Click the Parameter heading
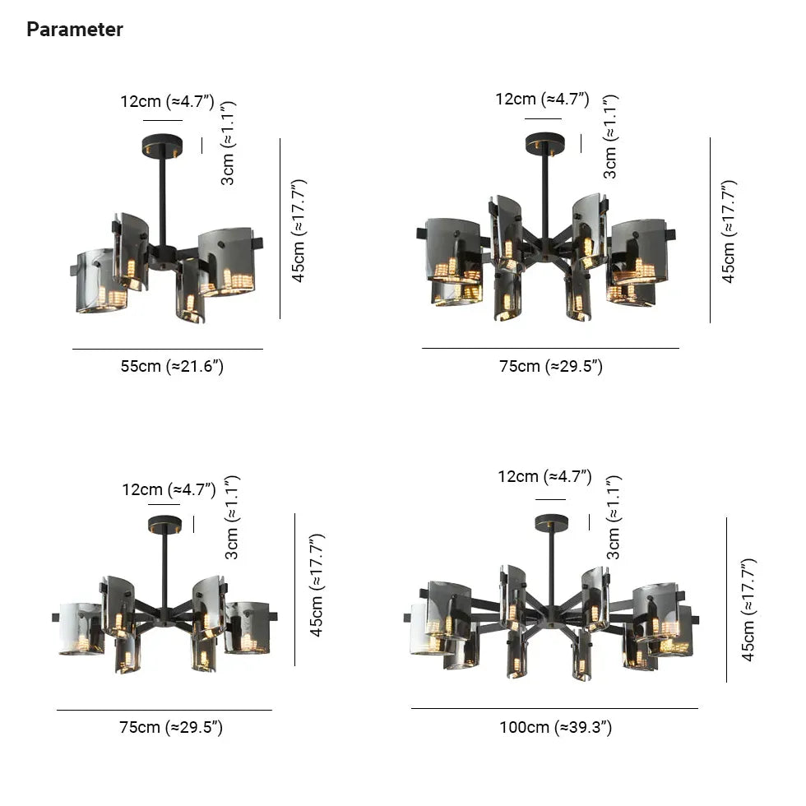pos(75,30)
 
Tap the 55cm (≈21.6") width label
pos(172,366)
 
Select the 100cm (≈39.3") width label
pos(556,727)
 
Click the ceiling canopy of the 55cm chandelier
pos(162,146)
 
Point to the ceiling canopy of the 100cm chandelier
pos(552,523)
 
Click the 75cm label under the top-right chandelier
pos(551,366)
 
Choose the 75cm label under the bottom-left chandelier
pos(171,727)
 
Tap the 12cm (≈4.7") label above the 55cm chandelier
pos(167,101)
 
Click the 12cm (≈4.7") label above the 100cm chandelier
pos(544,476)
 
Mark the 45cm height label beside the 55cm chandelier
pos(299,231)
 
